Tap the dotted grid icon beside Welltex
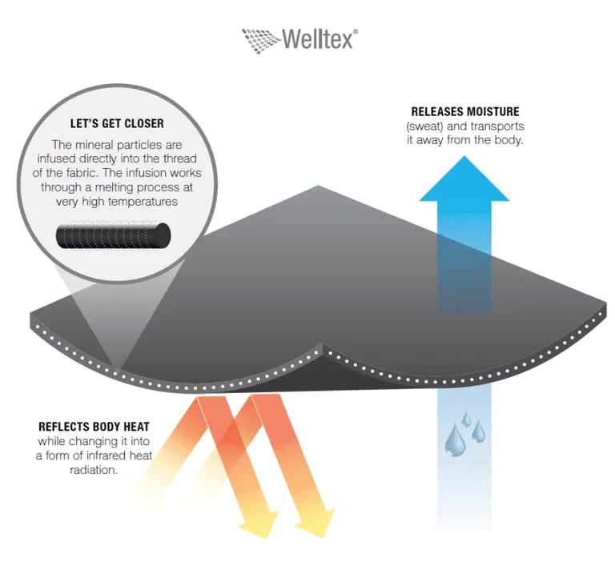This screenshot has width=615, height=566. click(x=261, y=37)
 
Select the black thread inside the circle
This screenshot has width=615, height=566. click(x=113, y=235)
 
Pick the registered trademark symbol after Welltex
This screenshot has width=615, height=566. click(x=356, y=31)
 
